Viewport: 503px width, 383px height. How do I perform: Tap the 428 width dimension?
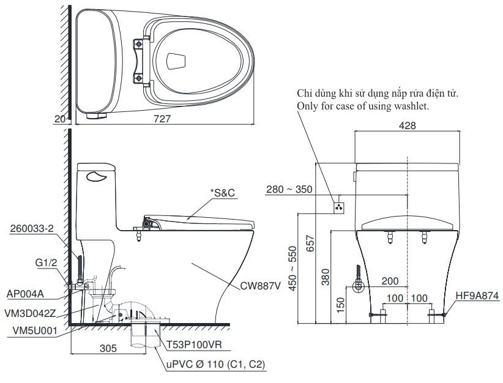coord(408,125)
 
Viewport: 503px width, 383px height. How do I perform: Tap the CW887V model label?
coord(260,285)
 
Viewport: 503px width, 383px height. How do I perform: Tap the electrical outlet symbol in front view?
coord(338,207)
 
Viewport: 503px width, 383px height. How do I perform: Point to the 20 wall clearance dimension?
coord(59,120)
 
